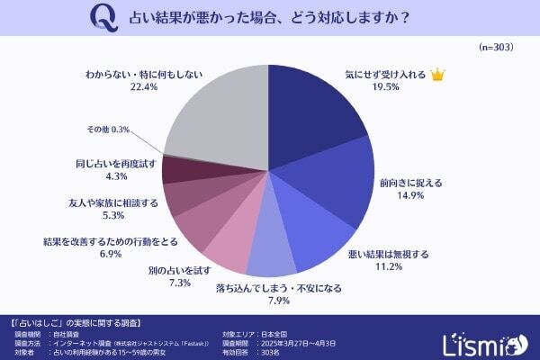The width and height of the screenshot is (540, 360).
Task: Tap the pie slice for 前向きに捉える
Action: [337, 184]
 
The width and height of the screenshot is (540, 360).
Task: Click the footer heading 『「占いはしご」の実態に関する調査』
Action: [76, 321]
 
